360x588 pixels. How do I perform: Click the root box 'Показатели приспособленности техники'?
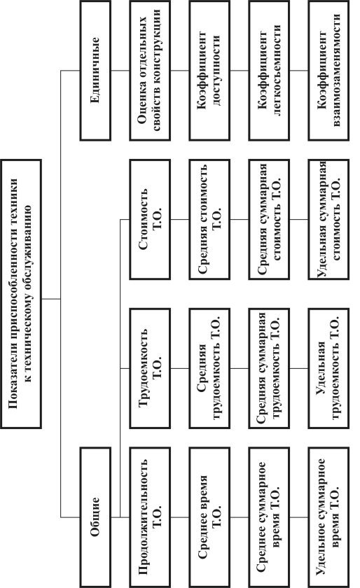21,293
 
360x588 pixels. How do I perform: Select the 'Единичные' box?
95,71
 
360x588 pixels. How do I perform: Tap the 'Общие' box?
95,517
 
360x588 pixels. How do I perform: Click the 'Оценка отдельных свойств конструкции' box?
150,71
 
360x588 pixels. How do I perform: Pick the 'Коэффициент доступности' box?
209,71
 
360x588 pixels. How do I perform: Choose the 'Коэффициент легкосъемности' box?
269,71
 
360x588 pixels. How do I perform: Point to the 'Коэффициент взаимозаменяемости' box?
328,71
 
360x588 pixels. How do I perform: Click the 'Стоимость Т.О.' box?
150,219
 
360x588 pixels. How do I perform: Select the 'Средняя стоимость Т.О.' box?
209,219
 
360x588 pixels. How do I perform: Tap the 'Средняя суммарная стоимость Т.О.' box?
269,219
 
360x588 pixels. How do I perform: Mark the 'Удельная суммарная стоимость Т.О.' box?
328,219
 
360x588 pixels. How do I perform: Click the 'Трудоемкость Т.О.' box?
150,368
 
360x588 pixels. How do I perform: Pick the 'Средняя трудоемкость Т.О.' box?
209,368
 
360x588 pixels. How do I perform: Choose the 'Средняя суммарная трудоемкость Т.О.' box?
269,368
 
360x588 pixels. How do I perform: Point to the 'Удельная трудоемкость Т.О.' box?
328,368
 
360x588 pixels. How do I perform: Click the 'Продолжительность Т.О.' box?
150,517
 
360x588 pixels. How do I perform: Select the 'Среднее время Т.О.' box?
209,517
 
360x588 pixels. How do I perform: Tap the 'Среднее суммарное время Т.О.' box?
269,517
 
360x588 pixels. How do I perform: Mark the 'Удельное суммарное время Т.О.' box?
328,517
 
